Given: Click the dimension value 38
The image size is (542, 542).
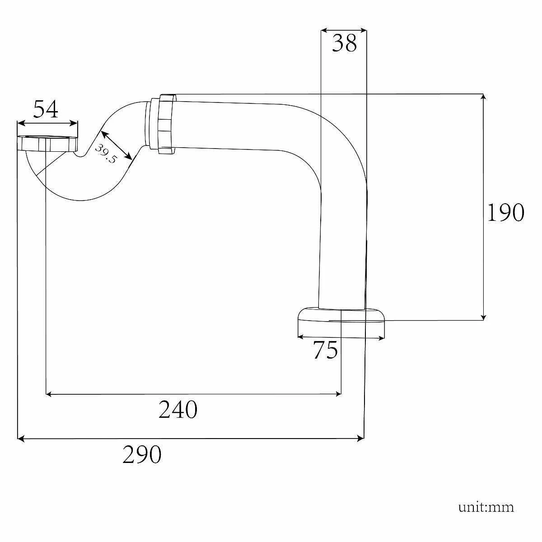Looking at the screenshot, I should [344, 44].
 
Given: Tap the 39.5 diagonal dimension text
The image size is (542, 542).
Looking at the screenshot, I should [106, 154].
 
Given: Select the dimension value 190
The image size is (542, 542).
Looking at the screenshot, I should [505, 212].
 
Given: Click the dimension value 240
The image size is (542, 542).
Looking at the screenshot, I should [178, 410].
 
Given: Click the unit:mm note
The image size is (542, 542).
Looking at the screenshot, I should [486, 507].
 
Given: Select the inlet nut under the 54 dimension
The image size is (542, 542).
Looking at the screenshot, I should [47, 143].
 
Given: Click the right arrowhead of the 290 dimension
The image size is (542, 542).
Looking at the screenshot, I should [361, 438].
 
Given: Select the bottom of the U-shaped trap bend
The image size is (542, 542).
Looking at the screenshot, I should [81, 199].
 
